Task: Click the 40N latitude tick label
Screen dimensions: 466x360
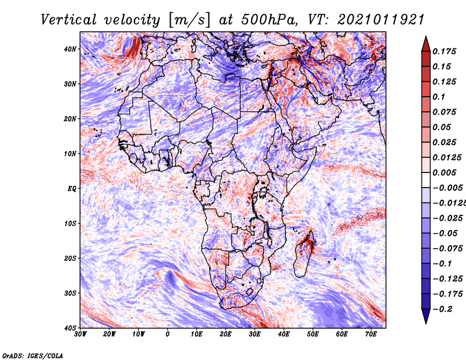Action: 70,49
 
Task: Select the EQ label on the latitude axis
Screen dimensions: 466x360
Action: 72,189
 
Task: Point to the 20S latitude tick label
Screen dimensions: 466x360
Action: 70,258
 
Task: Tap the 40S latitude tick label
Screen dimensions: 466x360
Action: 70,328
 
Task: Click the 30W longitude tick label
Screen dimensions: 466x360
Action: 80,334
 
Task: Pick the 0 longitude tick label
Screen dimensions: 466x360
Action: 168,334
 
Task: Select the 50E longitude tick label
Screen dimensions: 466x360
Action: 313,334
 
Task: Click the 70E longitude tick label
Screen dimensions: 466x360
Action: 371,334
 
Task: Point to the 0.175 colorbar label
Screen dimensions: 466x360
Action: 444,51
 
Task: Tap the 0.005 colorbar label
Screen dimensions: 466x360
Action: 444,172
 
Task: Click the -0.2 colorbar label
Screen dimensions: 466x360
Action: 442,309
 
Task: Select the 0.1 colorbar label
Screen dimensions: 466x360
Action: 439,97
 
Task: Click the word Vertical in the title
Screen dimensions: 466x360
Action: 69,20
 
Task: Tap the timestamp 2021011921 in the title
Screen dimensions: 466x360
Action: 380,20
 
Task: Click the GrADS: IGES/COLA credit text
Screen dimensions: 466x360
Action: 33,355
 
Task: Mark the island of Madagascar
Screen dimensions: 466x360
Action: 304,256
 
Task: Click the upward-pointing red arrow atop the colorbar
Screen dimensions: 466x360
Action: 426,44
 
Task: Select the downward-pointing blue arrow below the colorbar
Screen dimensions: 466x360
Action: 426,316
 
